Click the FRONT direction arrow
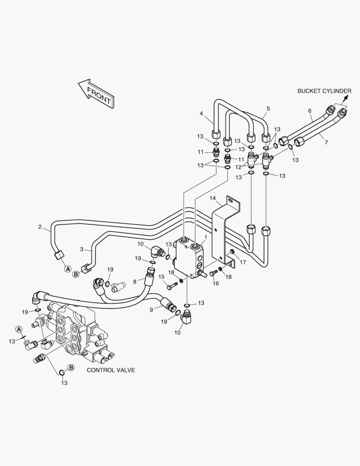pyautogui.click(x=97, y=93)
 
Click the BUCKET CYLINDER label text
pyautogui.click(x=324, y=91)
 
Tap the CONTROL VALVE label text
pyautogui.click(x=111, y=370)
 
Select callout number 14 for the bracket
pyautogui.click(x=213, y=198)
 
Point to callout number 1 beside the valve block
pyautogui.click(x=205, y=237)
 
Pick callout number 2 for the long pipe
pyautogui.click(x=40, y=227)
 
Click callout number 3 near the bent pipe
pyautogui.click(x=81, y=249)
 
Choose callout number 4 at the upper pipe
pyautogui.click(x=201, y=113)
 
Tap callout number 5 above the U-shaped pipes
pyautogui.click(x=268, y=109)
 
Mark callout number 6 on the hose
pyautogui.click(x=310, y=111)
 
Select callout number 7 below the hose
pyautogui.click(x=326, y=142)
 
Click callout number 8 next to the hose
pyautogui.click(x=135, y=281)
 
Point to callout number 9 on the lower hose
pyautogui.click(x=151, y=310)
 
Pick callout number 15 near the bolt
pyautogui.click(x=161, y=277)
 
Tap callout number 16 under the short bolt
pyautogui.click(x=216, y=283)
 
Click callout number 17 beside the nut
pyautogui.click(x=243, y=262)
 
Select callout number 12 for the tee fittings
pyautogui.click(x=238, y=167)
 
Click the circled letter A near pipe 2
pyautogui.click(x=68, y=269)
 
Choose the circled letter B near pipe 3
pyautogui.click(x=76, y=274)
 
